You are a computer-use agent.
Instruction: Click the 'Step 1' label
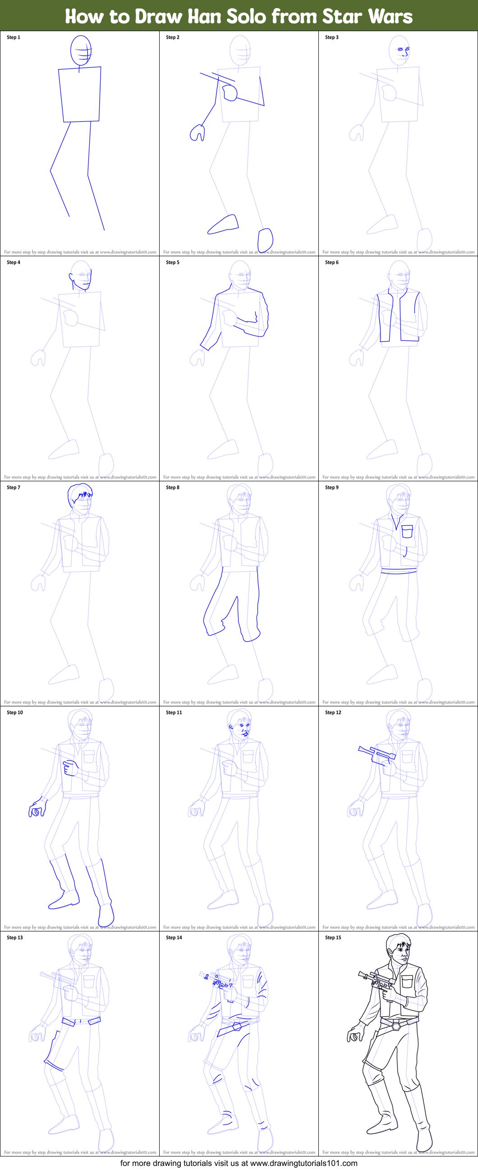(14, 37)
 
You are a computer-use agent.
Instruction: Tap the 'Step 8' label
(173, 487)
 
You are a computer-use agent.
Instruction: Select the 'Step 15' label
(333, 937)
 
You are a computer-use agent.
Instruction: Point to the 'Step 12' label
(333, 712)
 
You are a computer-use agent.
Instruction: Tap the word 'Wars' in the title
(390, 16)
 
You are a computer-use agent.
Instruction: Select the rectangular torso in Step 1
(80, 94)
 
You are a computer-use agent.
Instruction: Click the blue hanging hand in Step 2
(198, 133)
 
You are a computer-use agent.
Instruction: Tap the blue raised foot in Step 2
(224, 224)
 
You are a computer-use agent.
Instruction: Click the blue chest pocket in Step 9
(407, 531)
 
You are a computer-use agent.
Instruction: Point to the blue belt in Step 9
(399, 571)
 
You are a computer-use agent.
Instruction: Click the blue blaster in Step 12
(377, 754)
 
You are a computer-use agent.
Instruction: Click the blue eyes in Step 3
(403, 50)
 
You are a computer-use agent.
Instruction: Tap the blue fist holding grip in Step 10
(70, 768)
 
